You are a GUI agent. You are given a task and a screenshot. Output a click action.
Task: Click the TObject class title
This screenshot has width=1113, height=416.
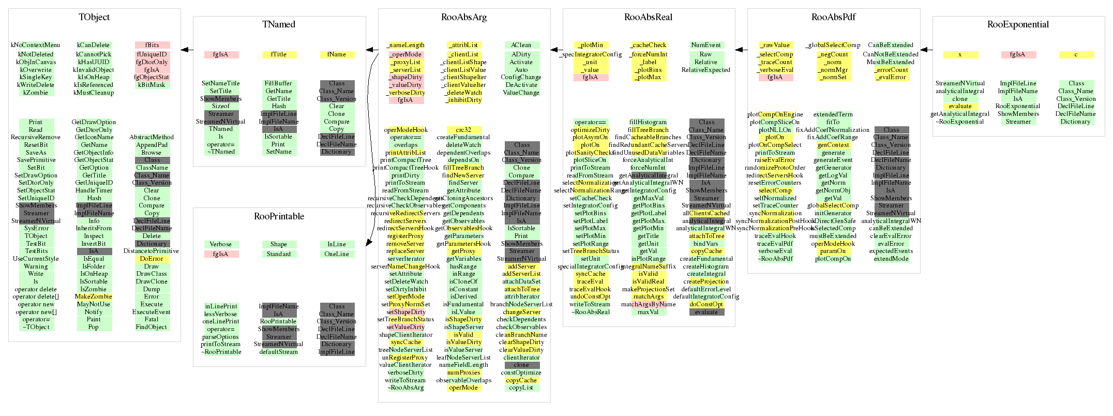94,17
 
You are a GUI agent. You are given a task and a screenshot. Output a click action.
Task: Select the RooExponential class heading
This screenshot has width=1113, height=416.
1018,24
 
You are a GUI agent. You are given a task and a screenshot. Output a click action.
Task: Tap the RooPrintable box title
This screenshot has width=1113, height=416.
279,216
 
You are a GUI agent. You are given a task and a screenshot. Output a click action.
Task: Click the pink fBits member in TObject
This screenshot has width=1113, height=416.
152,45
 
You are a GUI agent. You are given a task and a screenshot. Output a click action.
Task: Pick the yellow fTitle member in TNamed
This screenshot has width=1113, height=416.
279,54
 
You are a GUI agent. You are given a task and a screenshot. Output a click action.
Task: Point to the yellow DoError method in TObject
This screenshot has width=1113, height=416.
152,259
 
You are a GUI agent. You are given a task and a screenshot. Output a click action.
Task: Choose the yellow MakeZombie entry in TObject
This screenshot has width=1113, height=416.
94,296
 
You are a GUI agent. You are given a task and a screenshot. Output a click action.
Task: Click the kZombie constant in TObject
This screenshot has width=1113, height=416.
36,93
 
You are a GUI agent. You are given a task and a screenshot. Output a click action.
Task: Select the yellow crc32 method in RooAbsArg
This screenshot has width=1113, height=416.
463,130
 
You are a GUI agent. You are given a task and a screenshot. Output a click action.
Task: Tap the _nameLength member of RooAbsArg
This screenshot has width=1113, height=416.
405,45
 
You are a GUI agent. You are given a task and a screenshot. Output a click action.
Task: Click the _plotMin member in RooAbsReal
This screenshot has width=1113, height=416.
590,45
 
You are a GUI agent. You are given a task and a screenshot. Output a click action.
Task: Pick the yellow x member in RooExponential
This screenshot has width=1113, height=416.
960,54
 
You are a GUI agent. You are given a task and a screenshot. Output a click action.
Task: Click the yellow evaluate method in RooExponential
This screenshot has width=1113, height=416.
960,106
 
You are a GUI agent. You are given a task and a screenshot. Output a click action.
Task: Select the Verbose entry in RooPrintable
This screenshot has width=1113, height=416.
221,244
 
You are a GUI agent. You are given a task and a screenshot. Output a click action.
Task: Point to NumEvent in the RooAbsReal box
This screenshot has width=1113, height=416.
706,45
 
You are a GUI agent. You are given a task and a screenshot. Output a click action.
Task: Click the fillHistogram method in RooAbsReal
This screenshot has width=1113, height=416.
648,122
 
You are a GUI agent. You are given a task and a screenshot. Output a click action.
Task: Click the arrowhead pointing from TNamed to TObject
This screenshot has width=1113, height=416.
184,50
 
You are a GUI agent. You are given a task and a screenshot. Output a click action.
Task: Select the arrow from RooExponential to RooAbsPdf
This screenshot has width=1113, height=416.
926,50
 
